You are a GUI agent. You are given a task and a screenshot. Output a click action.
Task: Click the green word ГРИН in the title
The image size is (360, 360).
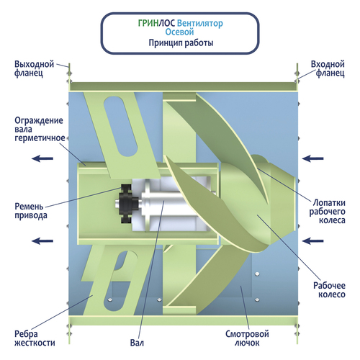[x=148, y=23]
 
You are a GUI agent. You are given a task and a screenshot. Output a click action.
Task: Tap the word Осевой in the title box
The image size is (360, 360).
[x=179, y=32]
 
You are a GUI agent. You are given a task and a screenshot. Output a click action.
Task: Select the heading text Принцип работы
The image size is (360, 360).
[x=181, y=43]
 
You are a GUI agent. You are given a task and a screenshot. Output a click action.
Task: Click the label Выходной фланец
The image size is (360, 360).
[x=34, y=68]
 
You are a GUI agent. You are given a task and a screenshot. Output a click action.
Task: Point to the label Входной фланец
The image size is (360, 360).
[x=328, y=68]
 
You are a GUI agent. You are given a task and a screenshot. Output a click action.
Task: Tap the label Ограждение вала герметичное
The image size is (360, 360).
[x=40, y=129]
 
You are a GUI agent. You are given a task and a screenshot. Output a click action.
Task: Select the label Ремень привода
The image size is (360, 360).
[x=31, y=211]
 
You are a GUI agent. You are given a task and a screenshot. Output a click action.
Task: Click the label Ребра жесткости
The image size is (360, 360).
[x=35, y=338]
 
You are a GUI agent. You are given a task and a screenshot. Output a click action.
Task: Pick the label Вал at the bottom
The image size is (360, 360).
[x=137, y=343]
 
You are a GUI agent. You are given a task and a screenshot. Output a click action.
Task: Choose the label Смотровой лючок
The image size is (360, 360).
[x=247, y=338]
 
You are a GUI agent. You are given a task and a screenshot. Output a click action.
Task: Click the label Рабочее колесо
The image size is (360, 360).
[x=329, y=290]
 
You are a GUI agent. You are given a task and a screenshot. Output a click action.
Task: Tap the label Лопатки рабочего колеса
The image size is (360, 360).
[x=327, y=212]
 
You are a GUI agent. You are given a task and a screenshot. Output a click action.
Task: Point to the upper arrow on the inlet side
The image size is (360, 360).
[x=312, y=158]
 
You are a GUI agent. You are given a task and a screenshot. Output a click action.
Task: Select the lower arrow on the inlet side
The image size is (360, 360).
[x=312, y=240]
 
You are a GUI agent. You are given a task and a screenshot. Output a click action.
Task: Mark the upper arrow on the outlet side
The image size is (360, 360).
[x=42, y=158]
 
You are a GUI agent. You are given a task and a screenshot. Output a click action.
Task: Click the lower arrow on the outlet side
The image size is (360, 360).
[x=42, y=240]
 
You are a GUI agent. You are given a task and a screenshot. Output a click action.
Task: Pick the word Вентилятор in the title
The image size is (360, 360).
[x=200, y=23]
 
